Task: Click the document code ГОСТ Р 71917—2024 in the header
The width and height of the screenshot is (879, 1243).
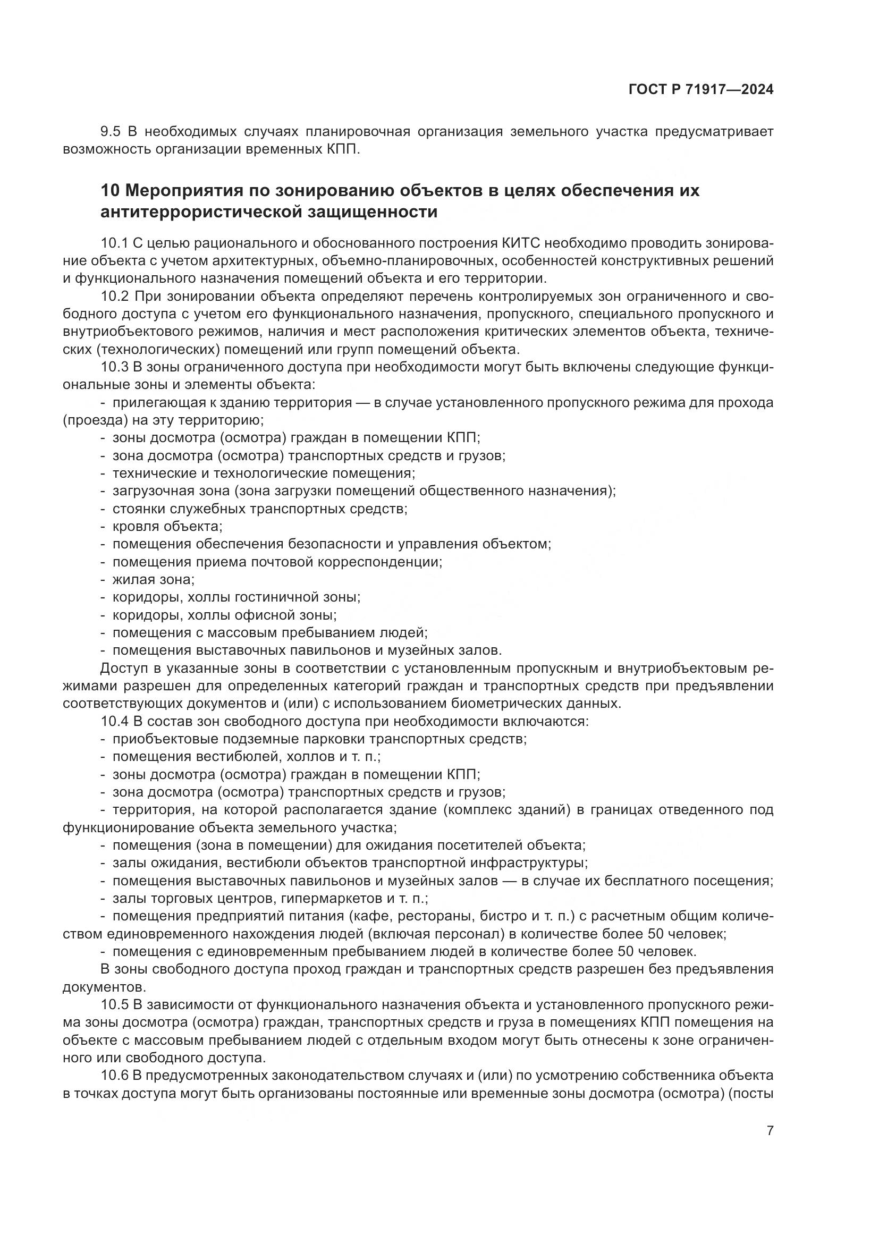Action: (701, 90)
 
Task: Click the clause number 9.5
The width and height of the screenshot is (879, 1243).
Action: (111, 132)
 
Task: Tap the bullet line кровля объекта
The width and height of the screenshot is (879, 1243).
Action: (167, 526)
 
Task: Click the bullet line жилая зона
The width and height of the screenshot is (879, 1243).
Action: (153, 579)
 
